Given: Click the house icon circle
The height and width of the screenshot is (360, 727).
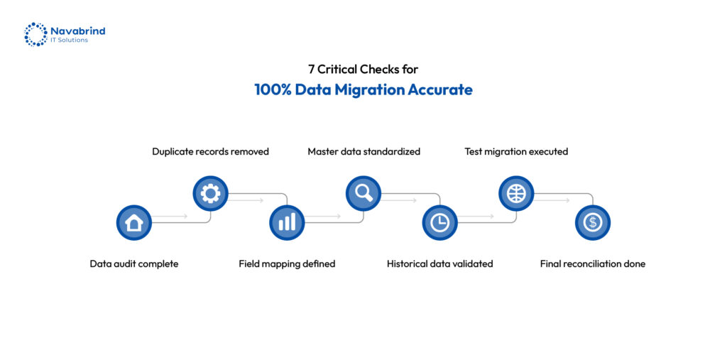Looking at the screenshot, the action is click(x=134, y=223).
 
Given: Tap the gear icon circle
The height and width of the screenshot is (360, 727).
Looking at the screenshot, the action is click(x=210, y=193).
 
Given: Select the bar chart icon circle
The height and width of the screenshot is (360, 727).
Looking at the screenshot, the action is click(x=287, y=223).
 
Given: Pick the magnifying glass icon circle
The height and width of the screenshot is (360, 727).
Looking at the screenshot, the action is click(x=363, y=193).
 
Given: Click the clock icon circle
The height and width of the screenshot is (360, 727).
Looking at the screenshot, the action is click(x=440, y=223).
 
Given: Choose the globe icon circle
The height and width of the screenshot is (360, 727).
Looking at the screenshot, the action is click(x=517, y=193).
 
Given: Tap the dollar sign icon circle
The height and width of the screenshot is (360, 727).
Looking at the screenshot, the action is click(x=593, y=223).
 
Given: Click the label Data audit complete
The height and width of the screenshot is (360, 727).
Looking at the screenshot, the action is click(x=134, y=264).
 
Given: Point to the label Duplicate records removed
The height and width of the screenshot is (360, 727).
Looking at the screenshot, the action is click(x=210, y=152).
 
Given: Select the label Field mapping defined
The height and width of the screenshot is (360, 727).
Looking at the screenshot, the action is click(x=287, y=264).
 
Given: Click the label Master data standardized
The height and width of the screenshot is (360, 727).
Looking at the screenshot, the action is click(x=364, y=152).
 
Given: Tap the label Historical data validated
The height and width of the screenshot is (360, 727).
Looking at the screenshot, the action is click(x=440, y=264).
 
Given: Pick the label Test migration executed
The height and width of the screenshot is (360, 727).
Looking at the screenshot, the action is click(x=517, y=152).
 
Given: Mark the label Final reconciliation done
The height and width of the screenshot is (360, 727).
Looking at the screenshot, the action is click(x=593, y=264).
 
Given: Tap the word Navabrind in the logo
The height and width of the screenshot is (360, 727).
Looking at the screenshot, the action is click(x=78, y=31).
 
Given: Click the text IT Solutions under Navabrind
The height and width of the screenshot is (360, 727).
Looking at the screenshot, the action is click(x=69, y=40).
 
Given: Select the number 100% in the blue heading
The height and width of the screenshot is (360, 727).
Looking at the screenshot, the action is click(x=273, y=89).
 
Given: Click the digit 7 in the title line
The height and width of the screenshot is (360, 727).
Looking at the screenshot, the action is click(x=311, y=70).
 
